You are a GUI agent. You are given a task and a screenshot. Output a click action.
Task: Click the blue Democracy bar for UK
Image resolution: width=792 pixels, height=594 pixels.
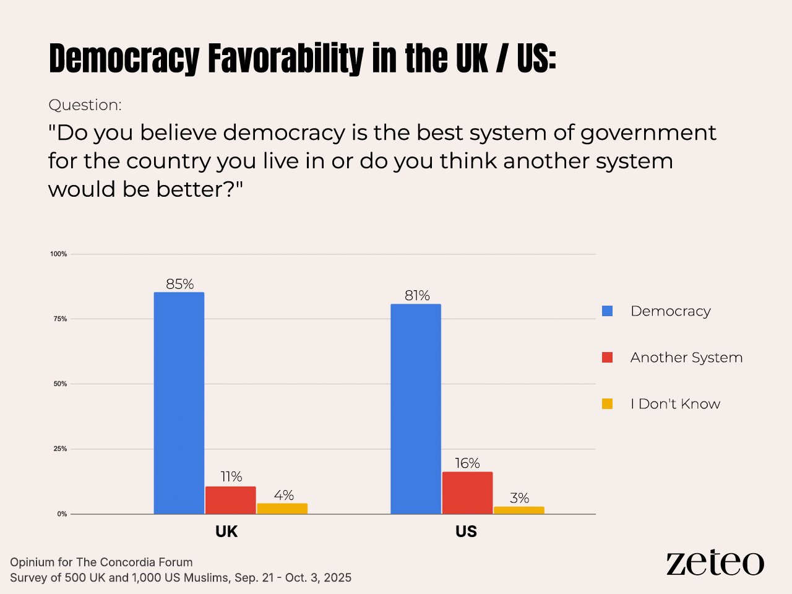[179, 403]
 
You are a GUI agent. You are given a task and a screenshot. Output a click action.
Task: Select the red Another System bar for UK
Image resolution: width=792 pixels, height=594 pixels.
[230, 500]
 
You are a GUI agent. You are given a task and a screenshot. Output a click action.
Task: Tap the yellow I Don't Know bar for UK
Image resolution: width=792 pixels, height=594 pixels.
[282, 509]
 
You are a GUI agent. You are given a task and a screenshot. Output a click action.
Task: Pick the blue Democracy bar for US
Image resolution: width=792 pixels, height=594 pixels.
[416, 408]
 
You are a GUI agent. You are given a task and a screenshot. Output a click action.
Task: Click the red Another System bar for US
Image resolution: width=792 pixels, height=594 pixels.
[467, 493]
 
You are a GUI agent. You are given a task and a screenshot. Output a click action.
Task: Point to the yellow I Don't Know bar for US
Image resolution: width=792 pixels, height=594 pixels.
[519, 510]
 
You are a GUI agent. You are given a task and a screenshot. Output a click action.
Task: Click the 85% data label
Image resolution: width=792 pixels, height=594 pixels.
[179, 284]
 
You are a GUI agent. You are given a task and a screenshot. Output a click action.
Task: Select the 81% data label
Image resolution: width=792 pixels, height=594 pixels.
[417, 296]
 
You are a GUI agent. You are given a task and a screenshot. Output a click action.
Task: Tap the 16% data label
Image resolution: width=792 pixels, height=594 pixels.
[467, 463]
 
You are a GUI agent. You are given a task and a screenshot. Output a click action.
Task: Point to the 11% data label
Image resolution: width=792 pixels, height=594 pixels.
[231, 476]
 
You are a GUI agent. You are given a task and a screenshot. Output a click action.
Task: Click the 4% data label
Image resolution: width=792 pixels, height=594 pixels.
[283, 495]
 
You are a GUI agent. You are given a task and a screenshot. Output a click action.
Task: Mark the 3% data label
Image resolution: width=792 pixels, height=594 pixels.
[520, 498]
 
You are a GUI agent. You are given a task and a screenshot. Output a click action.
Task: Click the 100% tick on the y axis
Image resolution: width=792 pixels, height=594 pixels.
[59, 254]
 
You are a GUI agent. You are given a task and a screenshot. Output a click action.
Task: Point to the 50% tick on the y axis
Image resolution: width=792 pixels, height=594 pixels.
[60, 384]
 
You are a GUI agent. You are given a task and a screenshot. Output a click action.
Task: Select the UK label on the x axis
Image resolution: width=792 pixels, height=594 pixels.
[226, 532]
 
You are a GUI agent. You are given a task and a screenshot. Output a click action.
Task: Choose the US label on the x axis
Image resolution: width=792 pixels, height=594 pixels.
[466, 532]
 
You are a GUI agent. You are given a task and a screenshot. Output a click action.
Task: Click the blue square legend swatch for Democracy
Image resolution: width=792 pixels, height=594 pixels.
[608, 311]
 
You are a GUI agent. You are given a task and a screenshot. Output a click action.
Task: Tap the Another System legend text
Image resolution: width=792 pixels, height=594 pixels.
[686, 358]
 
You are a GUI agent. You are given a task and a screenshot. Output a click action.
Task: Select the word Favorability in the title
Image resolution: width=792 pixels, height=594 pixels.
[285, 59]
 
